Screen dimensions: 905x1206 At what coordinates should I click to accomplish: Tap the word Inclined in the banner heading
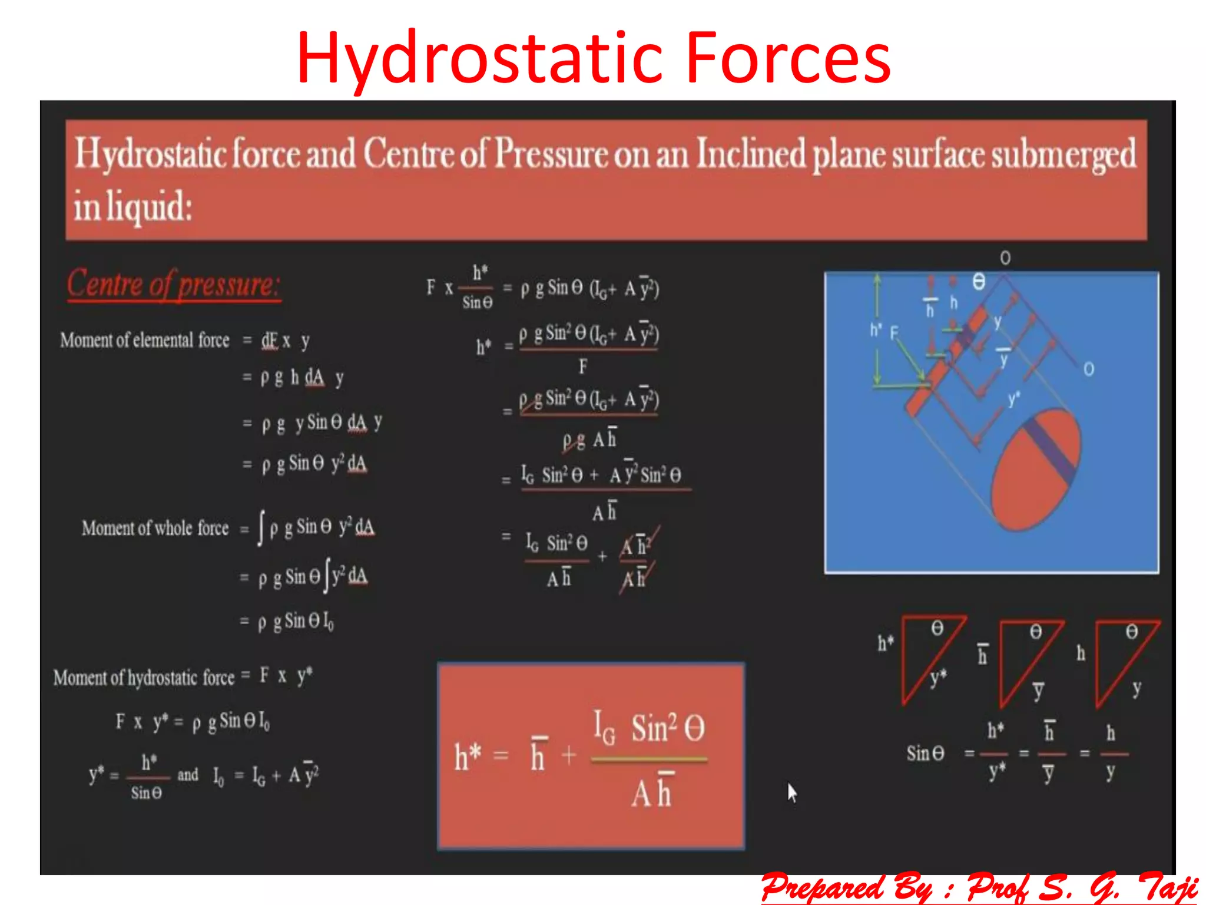pos(750,154)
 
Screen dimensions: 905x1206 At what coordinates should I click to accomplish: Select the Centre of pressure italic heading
pos(173,285)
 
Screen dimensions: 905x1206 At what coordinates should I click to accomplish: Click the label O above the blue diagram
pos(1005,258)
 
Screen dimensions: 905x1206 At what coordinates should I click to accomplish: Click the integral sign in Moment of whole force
pos(261,528)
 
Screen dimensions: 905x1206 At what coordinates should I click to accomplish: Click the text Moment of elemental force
pos(145,341)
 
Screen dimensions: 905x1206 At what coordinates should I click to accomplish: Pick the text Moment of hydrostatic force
pos(144,678)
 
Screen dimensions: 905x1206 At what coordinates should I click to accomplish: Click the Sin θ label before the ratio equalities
pos(925,753)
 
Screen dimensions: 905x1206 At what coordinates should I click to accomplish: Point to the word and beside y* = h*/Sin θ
pos(188,774)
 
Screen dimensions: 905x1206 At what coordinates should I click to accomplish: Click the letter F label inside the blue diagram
pos(894,333)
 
